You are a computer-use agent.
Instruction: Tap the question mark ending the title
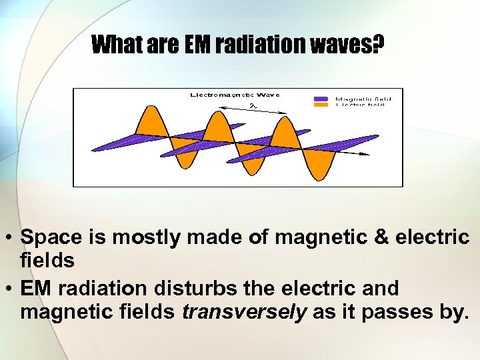(x=378, y=45)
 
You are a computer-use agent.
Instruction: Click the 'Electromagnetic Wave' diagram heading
(x=235, y=95)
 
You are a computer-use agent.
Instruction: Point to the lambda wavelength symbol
(x=252, y=105)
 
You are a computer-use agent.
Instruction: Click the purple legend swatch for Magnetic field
(x=321, y=99)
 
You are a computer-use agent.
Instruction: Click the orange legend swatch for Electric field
(x=321, y=105)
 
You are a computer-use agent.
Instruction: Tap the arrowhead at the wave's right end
(x=366, y=154)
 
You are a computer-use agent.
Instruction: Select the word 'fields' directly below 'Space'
(x=47, y=261)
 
